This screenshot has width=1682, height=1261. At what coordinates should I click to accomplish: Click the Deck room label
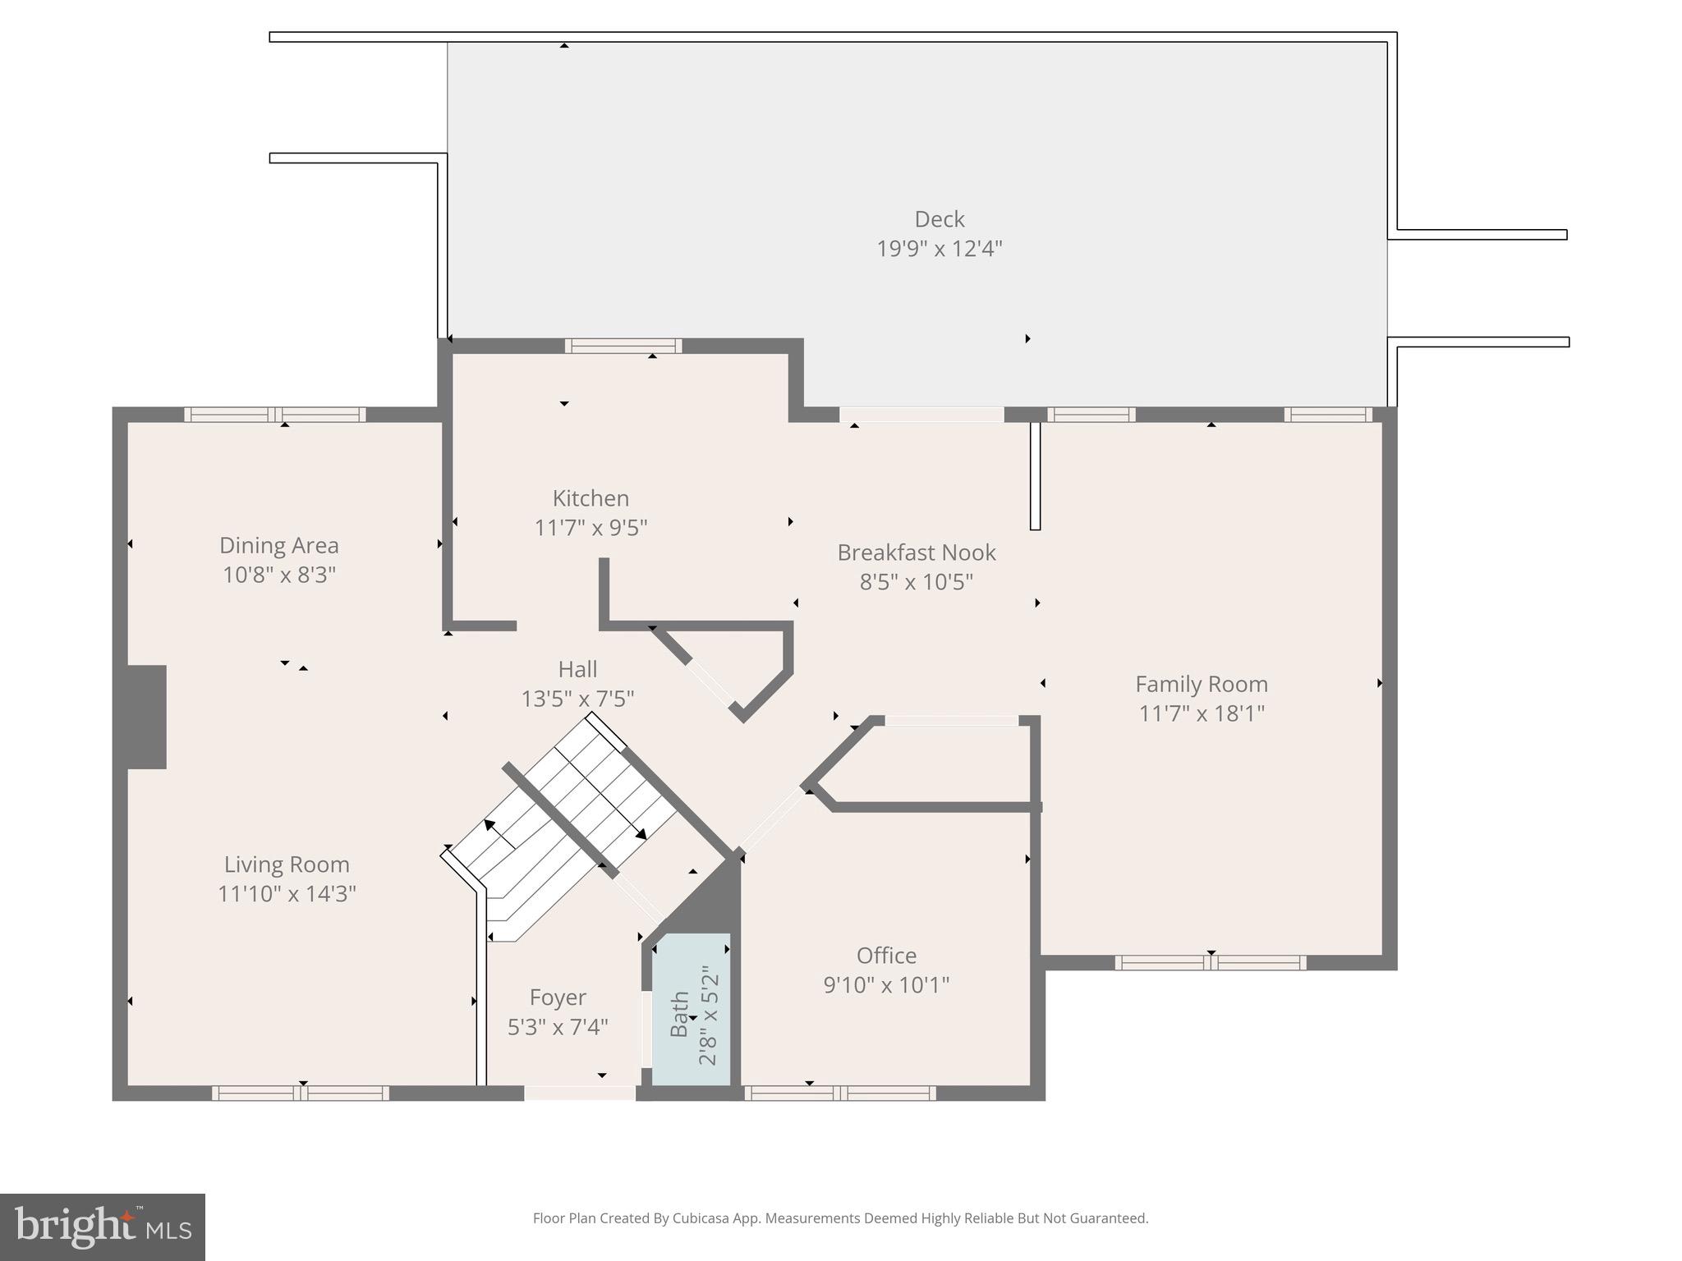[x=939, y=219]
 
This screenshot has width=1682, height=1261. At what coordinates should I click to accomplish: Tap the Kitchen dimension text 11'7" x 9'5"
[x=591, y=527]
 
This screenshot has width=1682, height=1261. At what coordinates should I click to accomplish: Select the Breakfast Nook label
[x=916, y=553]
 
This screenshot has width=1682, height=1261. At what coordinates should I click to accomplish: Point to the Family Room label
[x=1201, y=684]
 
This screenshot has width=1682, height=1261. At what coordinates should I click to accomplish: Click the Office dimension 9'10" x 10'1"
[x=886, y=984]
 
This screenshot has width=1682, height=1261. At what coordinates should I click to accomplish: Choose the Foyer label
[x=558, y=997]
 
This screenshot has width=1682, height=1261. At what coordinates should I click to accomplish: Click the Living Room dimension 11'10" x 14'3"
[x=287, y=893]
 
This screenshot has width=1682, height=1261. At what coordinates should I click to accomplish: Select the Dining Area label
[x=278, y=545]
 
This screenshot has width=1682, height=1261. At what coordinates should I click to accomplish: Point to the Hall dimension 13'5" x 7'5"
[x=577, y=699]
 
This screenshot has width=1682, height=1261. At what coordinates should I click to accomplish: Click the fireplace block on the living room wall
[x=146, y=717]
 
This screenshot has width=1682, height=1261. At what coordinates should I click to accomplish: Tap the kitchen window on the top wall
[x=623, y=346]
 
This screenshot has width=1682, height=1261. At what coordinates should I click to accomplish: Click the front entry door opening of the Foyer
[x=579, y=1093]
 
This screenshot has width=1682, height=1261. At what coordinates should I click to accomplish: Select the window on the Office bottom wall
[x=839, y=1093]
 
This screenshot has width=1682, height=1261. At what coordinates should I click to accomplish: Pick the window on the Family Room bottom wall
[x=1210, y=962]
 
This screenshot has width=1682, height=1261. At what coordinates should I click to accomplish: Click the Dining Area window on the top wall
[x=274, y=415]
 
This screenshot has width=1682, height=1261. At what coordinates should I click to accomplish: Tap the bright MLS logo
[x=103, y=1227]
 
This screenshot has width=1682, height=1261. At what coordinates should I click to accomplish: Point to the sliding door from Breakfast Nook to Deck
[x=921, y=415]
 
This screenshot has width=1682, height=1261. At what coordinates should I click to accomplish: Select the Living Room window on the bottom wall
[x=300, y=1093]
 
